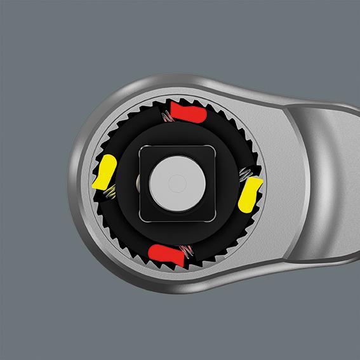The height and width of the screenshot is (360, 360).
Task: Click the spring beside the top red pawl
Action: [x=166, y=116]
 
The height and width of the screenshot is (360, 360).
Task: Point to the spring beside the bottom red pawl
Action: [x=186, y=251]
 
